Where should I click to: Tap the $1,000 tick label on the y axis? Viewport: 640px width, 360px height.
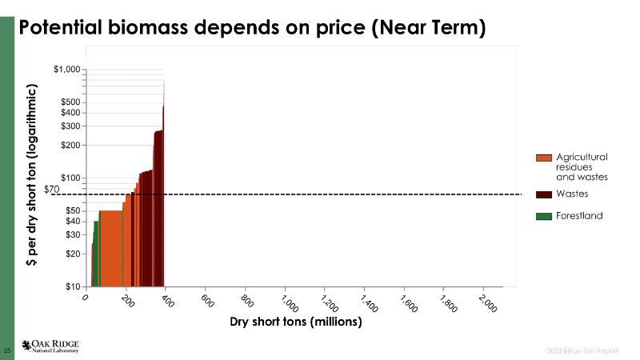pyautogui.click(x=66, y=70)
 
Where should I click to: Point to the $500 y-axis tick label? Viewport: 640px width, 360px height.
pyautogui.click(x=70, y=102)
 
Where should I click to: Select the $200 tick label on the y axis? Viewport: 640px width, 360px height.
pyautogui.click(x=70, y=146)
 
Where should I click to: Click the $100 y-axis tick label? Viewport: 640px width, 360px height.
pyautogui.click(x=70, y=178)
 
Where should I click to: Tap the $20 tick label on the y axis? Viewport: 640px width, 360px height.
pyautogui.click(x=72, y=254)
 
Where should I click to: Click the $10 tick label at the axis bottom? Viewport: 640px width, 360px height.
pyautogui.click(x=72, y=286)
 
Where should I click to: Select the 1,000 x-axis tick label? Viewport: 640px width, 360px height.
pyautogui.click(x=288, y=304)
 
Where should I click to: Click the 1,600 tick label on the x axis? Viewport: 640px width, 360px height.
pyautogui.click(x=407, y=304)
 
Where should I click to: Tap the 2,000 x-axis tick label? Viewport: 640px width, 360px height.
pyautogui.click(x=486, y=304)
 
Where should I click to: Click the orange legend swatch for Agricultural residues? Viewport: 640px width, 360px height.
pyautogui.click(x=544, y=158)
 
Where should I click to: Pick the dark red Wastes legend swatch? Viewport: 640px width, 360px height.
pyautogui.click(x=544, y=194)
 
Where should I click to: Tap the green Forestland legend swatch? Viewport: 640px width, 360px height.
pyautogui.click(x=544, y=216)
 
